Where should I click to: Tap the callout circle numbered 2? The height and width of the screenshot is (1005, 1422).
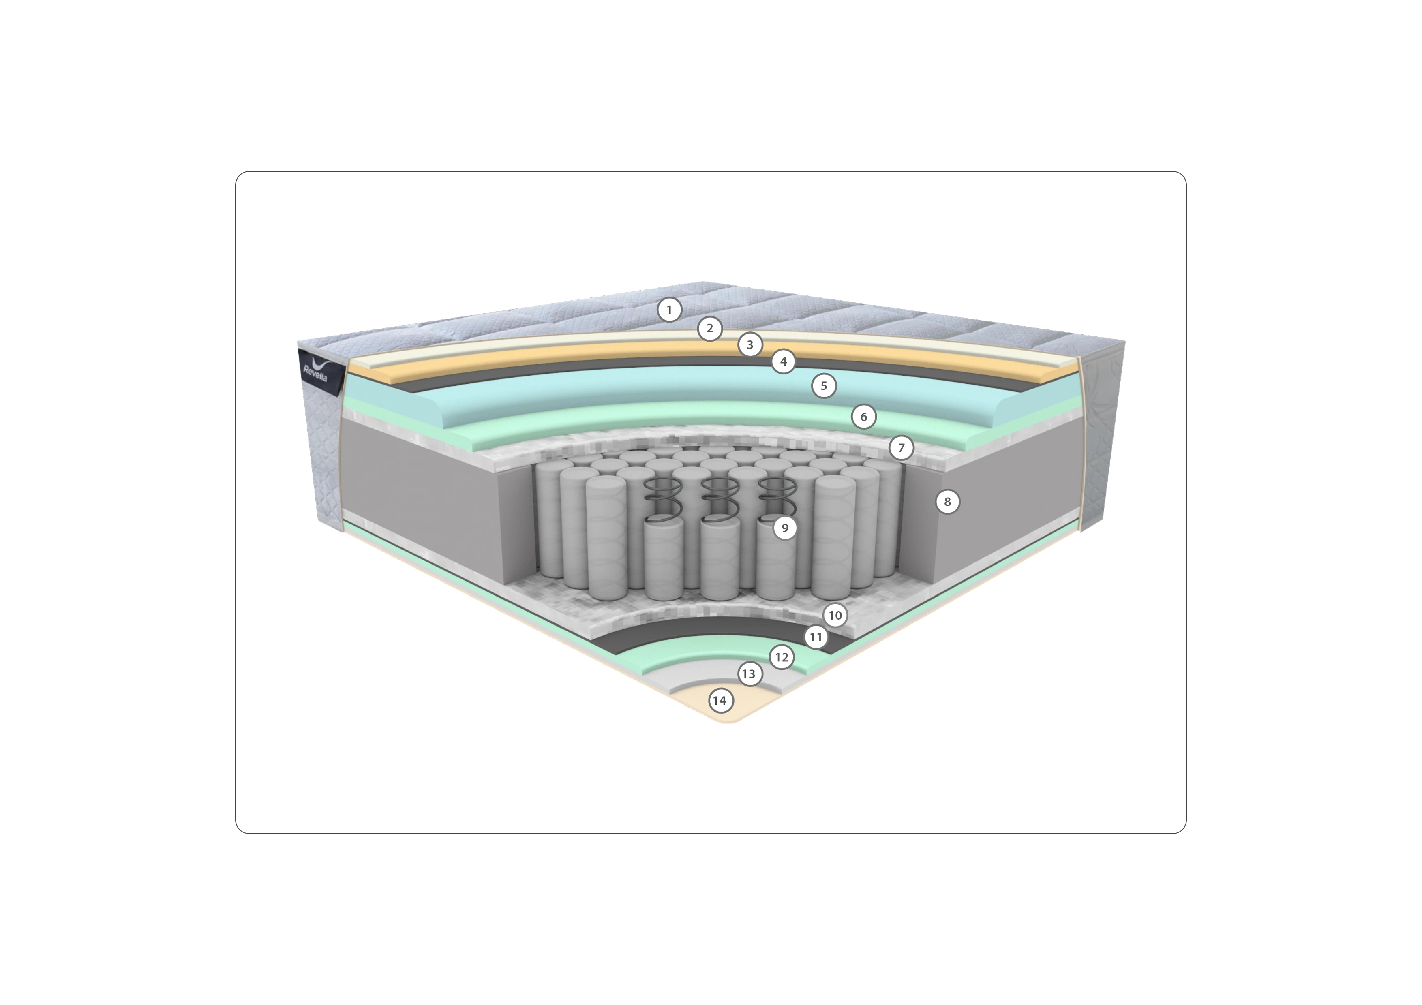(x=710, y=329)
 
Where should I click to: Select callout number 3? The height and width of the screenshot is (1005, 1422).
(x=750, y=345)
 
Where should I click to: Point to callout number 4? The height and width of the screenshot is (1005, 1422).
(x=784, y=361)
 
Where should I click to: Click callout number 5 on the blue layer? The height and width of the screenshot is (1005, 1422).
(x=824, y=386)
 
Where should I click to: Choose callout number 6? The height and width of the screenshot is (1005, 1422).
(x=864, y=417)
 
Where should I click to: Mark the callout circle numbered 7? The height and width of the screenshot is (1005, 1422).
(x=901, y=448)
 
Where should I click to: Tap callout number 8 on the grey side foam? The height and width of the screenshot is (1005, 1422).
(x=947, y=502)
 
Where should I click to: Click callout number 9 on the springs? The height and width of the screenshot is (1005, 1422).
(x=785, y=528)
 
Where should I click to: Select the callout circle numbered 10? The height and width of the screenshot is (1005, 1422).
(x=835, y=616)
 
